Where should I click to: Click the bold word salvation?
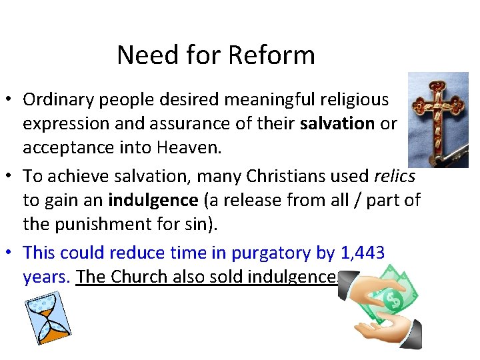pos(337,124)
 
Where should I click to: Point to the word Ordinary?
pos(55,100)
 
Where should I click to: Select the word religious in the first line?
pos(349,100)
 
